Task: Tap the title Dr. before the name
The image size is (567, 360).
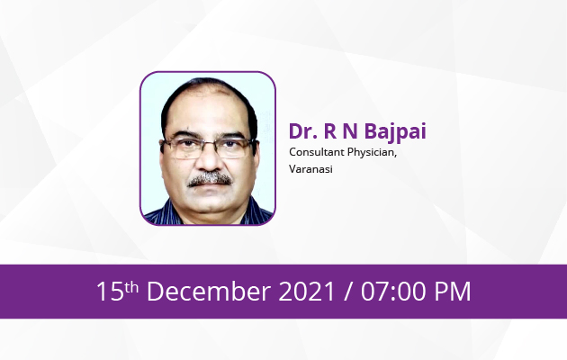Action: click(303, 130)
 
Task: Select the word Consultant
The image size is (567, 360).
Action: click(317, 152)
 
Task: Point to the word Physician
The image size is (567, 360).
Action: click(372, 153)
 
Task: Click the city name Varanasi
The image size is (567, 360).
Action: click(311, 169)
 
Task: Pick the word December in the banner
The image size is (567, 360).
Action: click(209, 291)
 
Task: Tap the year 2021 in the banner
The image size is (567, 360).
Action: click(307, 292)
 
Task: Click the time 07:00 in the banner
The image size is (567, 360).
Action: click(393, 292)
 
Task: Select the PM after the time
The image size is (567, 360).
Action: click(453, 292)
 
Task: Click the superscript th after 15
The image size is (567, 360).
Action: click(131, 287)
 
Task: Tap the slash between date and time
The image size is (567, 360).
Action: click(348, 292)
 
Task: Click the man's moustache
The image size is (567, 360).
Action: click(210, 179)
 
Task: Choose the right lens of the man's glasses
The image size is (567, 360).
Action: click(234, 148)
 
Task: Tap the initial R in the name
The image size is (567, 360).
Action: click(330, 130)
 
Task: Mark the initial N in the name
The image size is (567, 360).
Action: click(350, 130)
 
